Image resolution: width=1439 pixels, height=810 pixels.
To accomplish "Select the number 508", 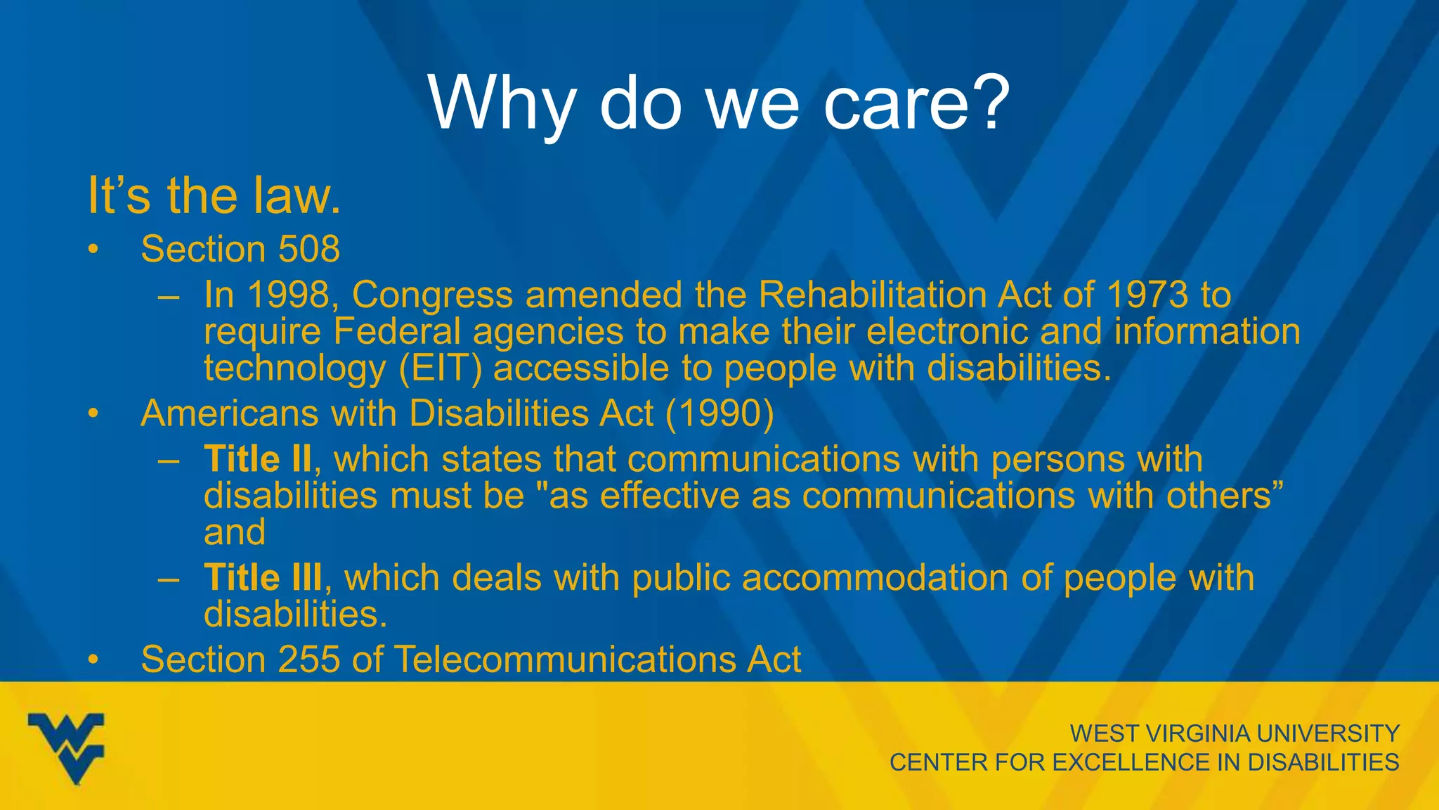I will click(x=309, y=249).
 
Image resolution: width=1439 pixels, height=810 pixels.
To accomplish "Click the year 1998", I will click(x=289, y=295).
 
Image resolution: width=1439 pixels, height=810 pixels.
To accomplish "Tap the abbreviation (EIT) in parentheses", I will click(x=441, y=368).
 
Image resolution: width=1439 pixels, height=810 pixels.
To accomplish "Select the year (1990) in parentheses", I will click(x=719, y=413).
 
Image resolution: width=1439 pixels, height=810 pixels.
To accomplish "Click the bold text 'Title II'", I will click(x=257, y=459).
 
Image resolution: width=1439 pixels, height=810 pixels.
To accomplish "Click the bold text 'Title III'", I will click(x=263, y=578).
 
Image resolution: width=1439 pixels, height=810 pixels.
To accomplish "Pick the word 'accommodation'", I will click(x=875, y=578).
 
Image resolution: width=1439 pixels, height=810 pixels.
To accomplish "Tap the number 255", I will click(x=309, y=660).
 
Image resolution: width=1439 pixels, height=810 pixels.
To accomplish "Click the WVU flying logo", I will click(x=66, y=747).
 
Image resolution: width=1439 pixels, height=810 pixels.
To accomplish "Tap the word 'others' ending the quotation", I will click(x=1218, y=496).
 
